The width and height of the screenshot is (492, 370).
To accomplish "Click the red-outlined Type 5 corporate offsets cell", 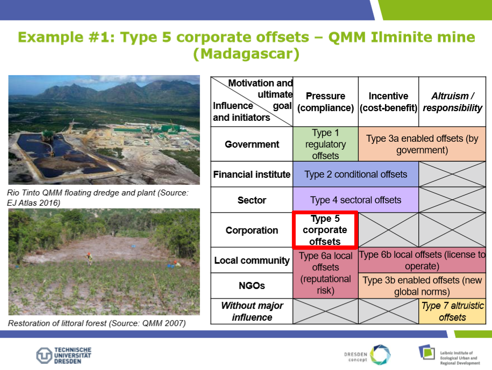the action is (x=325, y=230).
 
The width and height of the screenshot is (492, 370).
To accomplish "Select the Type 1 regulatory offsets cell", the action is (x=325, y=144).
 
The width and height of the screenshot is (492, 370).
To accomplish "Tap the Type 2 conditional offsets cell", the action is (x=355, y=174).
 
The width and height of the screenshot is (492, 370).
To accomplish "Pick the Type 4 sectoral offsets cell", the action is (x=355, y=200).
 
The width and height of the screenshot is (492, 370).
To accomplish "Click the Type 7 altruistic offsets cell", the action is (x=452, y=311).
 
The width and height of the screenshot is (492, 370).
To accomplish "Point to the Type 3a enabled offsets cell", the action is (x=422, y=144).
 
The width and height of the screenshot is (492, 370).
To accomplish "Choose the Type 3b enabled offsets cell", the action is (x=422, y=286).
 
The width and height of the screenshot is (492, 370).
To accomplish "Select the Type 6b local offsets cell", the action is (x=422, y=260).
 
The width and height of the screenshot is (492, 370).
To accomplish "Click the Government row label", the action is (x=252, y=144).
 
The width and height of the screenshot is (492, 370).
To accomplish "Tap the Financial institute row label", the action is (x=252, y=174).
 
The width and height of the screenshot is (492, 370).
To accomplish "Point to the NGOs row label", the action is (x=252, y=286).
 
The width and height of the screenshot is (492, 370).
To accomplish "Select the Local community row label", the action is (x=252, y=260).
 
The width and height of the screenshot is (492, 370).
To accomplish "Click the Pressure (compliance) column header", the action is (x=325, y=102).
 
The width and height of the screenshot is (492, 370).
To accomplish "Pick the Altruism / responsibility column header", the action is (x=452, y=102).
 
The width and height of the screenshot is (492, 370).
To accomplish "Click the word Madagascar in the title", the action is (x=247, y=54).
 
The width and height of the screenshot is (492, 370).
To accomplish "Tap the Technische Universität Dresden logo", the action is (x=63, y=356).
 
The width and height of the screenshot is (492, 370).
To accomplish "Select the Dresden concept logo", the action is (x=367, y=356).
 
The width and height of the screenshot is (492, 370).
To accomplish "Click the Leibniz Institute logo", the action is (x=449, y=356).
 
